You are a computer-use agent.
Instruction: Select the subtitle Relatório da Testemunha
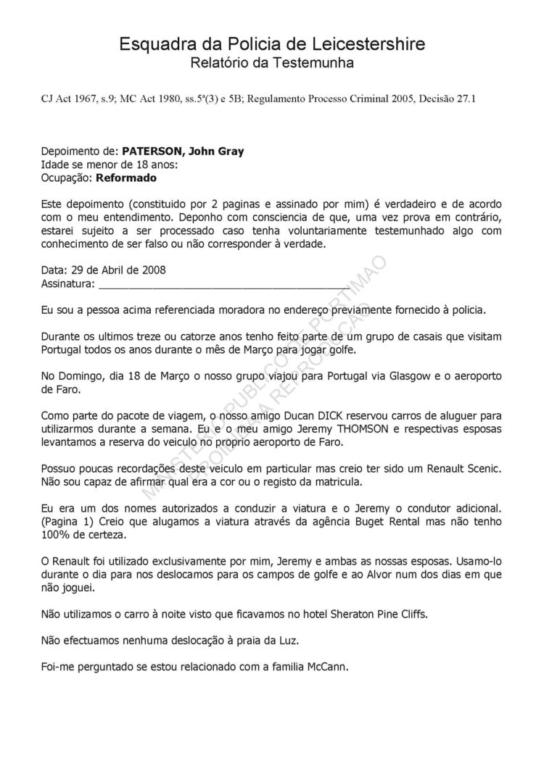272,64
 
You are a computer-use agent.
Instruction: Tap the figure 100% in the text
56,534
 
